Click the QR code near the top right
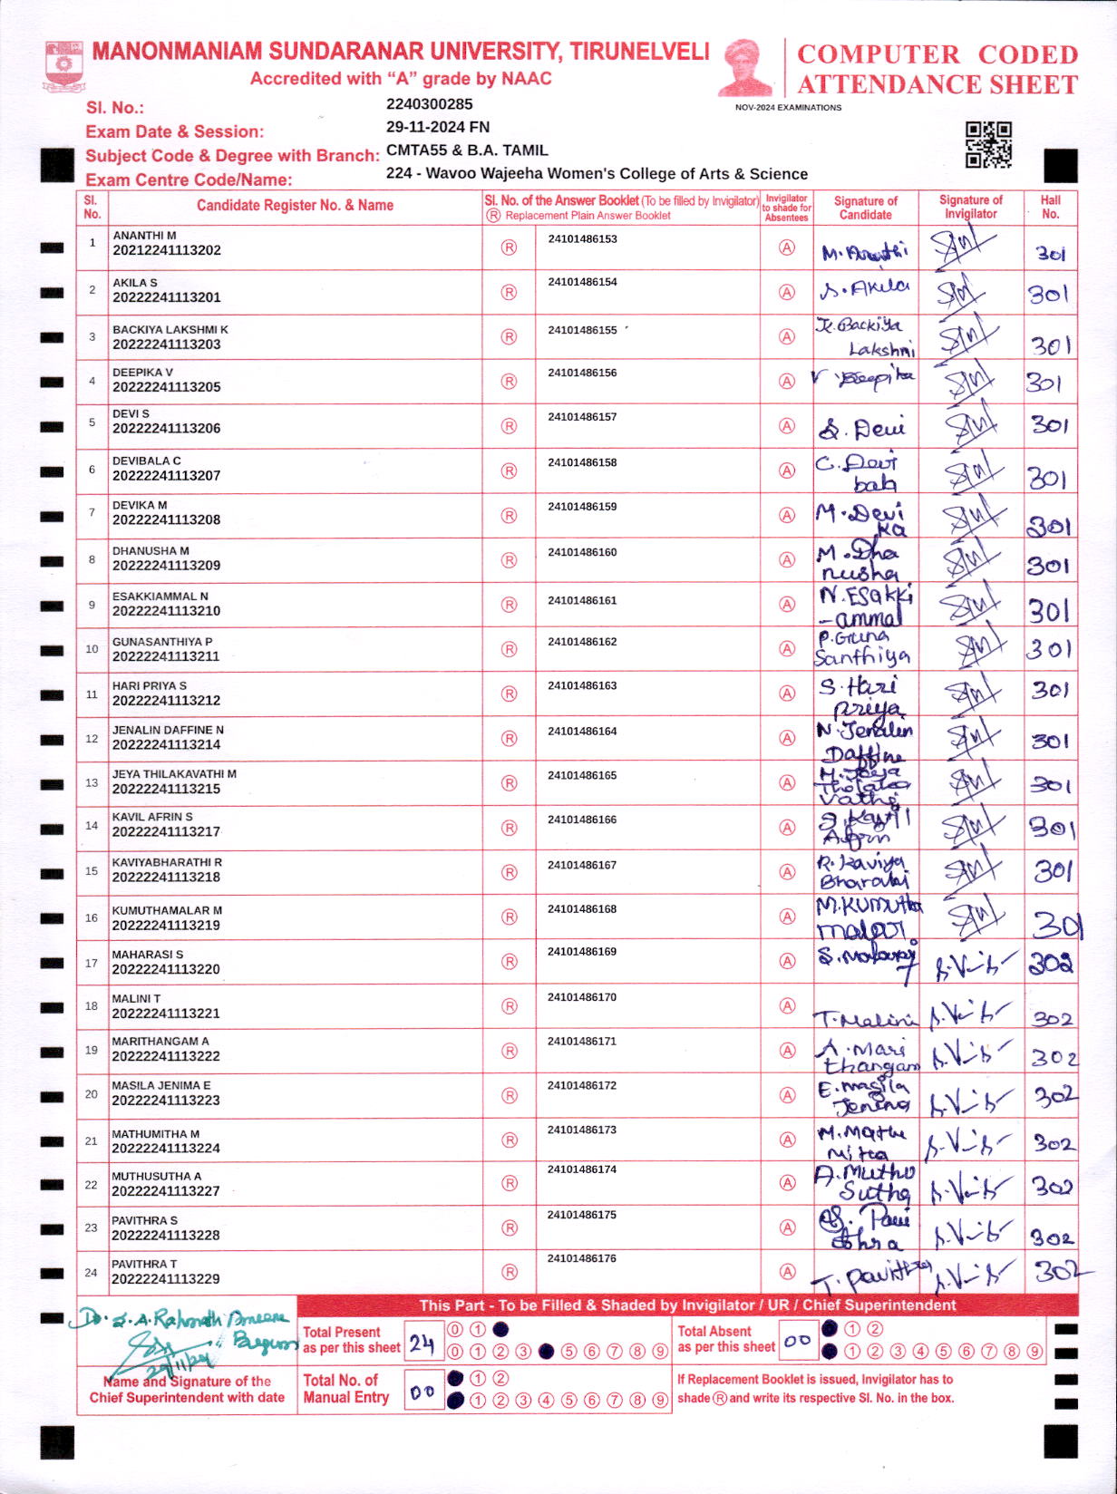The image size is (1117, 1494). click(988, 145)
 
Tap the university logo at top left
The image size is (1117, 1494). click(63, 67)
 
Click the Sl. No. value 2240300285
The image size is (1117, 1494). click(429, 104)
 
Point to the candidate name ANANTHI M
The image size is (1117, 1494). click(144, 236)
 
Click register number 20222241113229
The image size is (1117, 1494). click(166, 1279)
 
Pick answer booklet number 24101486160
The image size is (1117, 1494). click(582, 552)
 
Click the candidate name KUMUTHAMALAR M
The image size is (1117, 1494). click(167, 910)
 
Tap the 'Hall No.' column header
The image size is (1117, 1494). click(1050, 207)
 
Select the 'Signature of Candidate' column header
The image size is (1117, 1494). click(865, 208)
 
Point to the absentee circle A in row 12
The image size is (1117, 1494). click(787, 738)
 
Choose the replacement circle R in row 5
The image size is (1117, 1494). click(509, 426)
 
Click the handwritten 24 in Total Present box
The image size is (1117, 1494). click(422, 1344)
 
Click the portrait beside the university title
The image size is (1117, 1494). click(745, 67)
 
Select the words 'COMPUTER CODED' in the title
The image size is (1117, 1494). click(937, 54)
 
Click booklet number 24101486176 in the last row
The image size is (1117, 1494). click(582, 1258)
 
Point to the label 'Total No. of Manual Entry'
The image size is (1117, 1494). click(345, 1389)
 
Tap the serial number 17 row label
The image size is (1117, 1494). click(92, 963)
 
